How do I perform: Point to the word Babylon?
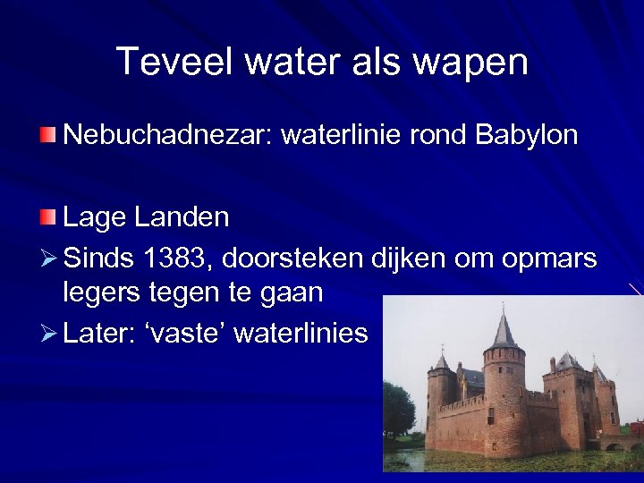click(527, 136)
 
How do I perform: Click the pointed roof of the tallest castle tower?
click(504, 332)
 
